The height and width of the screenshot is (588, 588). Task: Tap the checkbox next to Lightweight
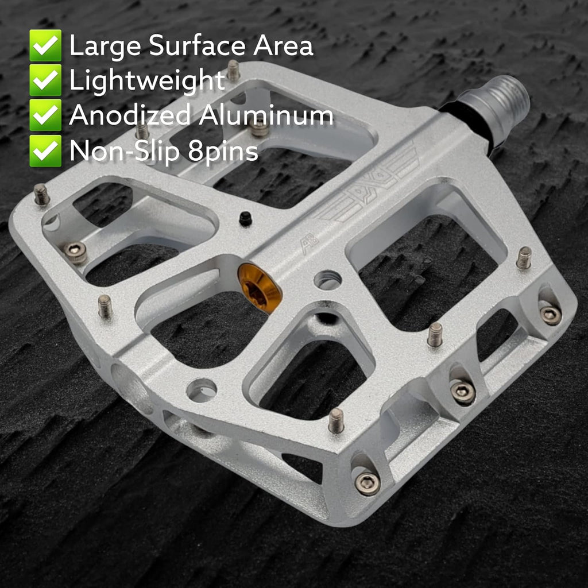[45, 80]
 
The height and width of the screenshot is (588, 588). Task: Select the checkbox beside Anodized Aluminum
[45, 115]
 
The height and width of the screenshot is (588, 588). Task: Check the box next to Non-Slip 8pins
[45, 150]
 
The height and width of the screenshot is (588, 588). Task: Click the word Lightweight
[147, 81]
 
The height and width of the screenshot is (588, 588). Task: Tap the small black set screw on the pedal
[245, 218]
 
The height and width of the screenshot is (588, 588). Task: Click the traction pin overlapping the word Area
[233, 69]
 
